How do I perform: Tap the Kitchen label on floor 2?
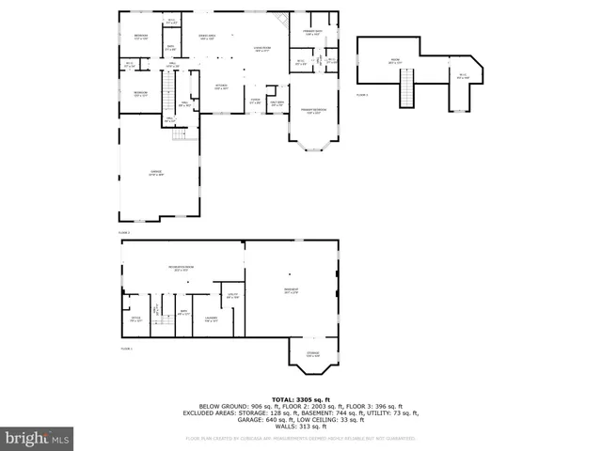[221, 86]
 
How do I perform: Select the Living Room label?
[262, 48]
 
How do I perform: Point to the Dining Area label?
[207, 37]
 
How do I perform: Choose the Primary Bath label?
[311, 33]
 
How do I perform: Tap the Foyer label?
[255, 101]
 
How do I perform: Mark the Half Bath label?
[277, 103]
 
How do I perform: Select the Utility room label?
[231, 295]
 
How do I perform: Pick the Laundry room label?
[211, 319]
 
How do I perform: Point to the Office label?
[135, 319]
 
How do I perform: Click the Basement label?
[291, 290]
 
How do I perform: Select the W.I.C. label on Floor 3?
[462, 76]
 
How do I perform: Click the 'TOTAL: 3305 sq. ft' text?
[300, 399]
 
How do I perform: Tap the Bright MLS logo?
[38, 438]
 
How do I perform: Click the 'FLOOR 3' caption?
[362, 95]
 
